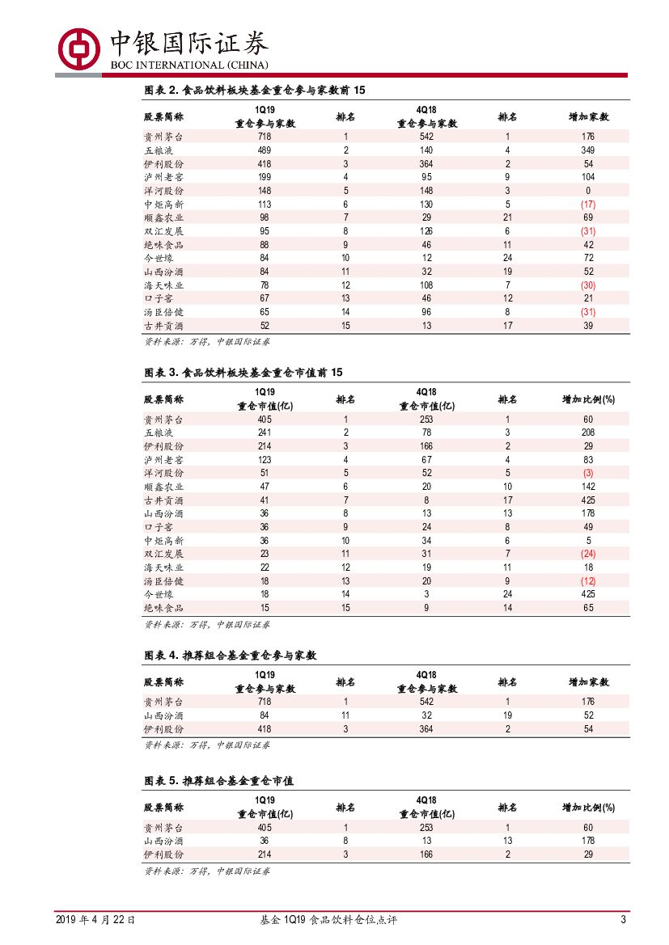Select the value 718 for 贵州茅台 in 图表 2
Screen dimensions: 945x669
265,137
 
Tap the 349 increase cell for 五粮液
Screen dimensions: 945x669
588,150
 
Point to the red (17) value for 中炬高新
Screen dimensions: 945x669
588,205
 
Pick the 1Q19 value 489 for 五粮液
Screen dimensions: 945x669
265,150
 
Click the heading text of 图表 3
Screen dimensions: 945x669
243,373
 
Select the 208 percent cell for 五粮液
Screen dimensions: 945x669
588,432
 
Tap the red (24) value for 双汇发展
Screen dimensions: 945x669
588,554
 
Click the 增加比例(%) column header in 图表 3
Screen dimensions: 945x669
588,399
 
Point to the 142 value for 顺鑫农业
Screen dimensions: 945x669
588,487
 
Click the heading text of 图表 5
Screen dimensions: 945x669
218,781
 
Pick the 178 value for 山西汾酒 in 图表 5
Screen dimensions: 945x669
588,841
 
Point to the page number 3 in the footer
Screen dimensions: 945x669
623,919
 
